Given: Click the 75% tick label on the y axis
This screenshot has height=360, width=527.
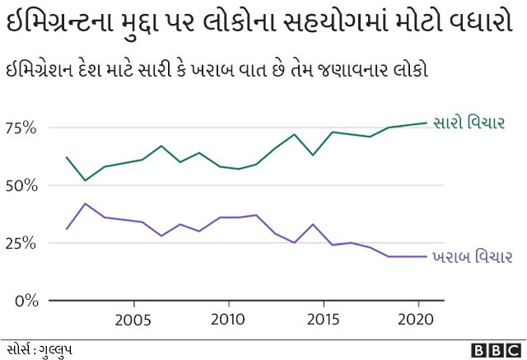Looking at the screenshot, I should tap(21, 128).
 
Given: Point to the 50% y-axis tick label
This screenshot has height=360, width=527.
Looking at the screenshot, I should tap(21, 185).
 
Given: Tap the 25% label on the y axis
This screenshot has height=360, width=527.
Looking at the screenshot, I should tap(21, 243).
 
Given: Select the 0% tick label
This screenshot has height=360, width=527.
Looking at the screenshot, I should tap(27, 301).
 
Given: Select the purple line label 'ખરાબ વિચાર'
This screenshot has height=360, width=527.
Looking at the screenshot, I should tap(473, 257).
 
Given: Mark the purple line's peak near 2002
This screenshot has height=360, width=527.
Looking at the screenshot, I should tap(86, 203).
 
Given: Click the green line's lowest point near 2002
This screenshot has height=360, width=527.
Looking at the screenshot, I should tap(86, 180).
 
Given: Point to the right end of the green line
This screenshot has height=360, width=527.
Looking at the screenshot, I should tap(427, 123).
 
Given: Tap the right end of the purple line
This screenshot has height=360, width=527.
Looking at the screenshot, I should tap(427, 256).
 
